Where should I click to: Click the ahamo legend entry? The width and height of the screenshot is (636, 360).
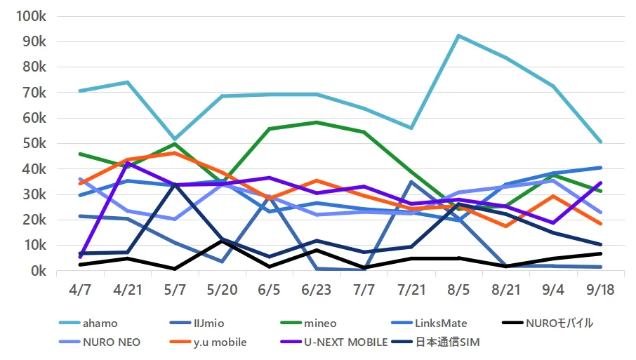point(88,323)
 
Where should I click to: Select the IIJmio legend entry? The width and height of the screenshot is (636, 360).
point(197,323)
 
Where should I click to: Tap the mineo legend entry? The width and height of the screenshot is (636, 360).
point(308,323)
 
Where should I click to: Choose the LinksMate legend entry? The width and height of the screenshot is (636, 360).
point(429,323)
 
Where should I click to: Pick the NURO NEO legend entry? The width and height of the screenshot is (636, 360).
point(100,342)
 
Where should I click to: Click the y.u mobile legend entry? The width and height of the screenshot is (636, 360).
point(208,342)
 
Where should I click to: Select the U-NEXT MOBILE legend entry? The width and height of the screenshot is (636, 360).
point(334,342)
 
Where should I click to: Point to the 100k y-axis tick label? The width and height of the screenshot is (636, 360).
point(31,17)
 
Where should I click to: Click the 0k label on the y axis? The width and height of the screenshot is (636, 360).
point(39,270)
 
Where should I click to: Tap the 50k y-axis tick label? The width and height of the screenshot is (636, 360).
point(34,144)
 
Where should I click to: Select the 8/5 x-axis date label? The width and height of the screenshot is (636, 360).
point(458,289)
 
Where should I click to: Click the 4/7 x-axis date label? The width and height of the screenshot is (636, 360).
point(80,289)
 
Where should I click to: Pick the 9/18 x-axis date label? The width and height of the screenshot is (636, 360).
point(600,289)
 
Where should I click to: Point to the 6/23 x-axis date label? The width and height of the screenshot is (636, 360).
point(317,289)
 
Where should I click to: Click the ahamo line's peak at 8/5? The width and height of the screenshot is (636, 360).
point(458,36)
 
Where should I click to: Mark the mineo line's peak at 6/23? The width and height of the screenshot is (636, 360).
point(317,122)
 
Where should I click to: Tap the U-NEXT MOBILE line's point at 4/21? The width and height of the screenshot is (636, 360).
point(127,163)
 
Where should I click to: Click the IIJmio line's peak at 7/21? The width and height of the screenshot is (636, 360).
point(411,182)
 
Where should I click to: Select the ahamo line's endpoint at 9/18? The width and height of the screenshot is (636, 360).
point(600,142)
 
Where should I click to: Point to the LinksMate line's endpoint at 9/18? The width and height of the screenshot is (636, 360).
point(600,168)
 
